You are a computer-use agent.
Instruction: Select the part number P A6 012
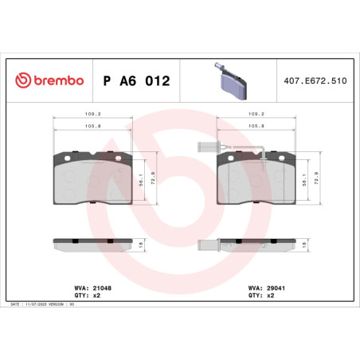136,81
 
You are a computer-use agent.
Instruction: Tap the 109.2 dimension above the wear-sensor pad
257,113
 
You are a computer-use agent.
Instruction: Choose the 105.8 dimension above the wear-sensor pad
257,124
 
